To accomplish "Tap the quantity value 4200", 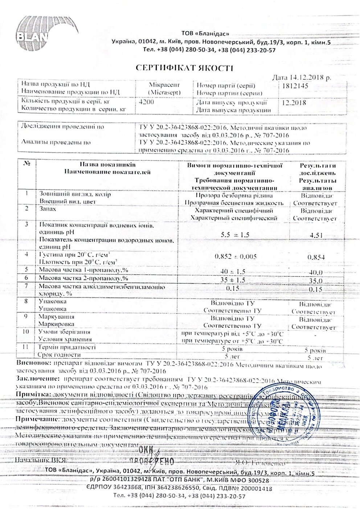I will coord(146,102).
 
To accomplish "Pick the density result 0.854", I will coord(315,257).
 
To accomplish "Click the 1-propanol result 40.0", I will coord(315,272).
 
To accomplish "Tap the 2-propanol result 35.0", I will coord(315,280).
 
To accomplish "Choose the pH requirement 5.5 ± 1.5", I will coord(235,235).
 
